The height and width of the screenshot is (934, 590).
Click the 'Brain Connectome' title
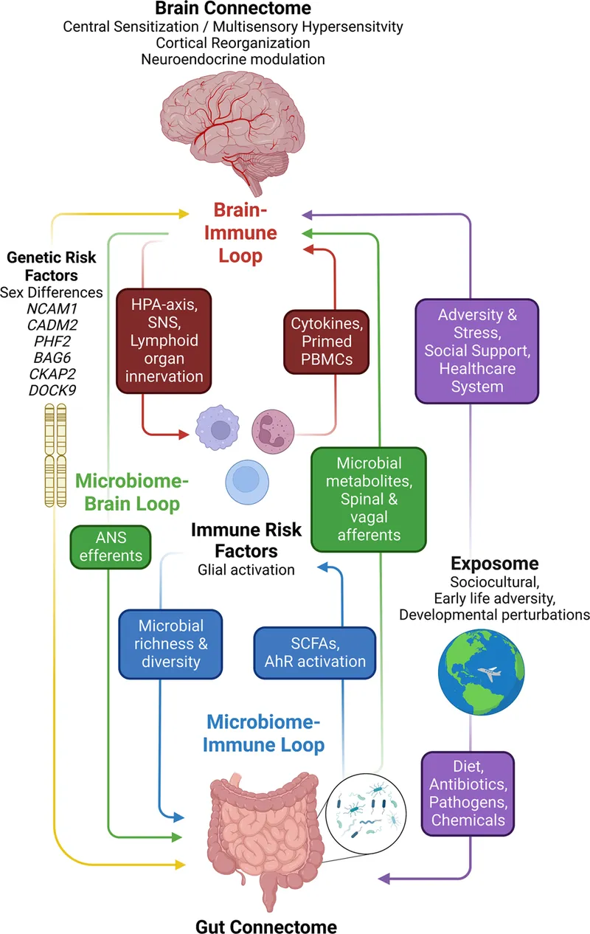point(232,10)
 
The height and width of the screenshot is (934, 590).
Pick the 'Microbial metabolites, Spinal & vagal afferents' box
point(369,499)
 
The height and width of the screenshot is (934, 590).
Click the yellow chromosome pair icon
point(52,457)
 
